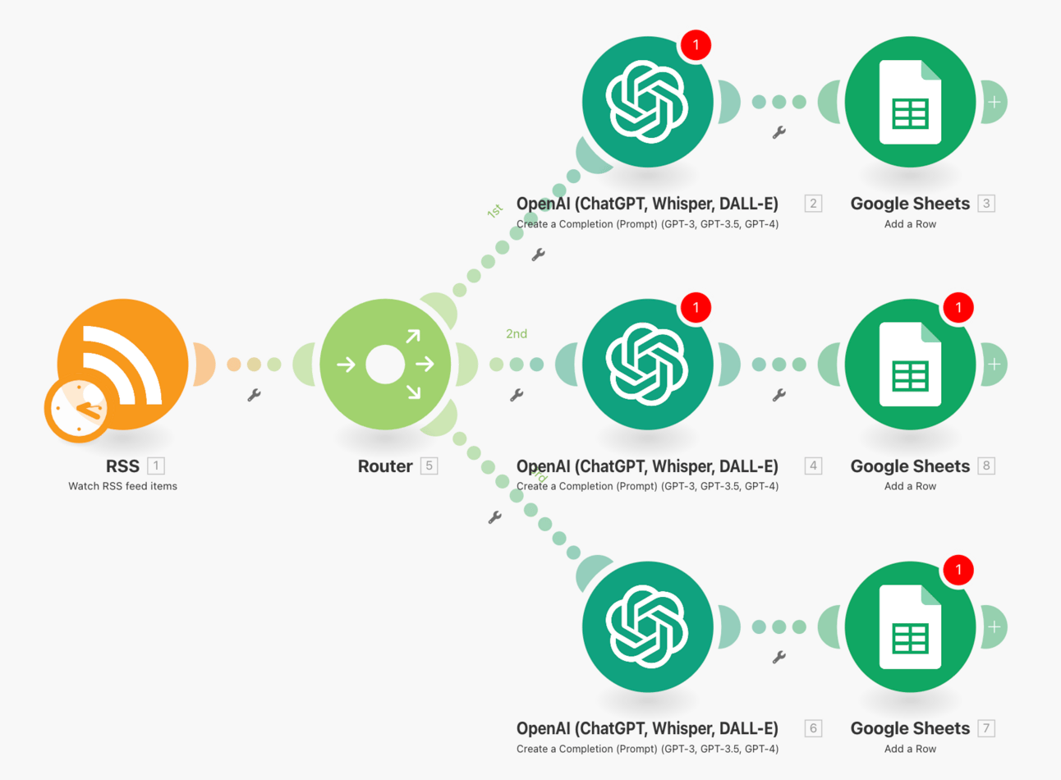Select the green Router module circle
coord(385,365)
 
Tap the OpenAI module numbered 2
coord(646,103)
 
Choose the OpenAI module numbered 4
coord(646,365)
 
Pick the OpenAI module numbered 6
coord(646,627)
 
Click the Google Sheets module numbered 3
coord(910,103)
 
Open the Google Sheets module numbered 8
coord(910,365)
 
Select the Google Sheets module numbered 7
coord(910,627)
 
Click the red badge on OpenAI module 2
coord(696,44)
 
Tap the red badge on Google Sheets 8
coord(958,307)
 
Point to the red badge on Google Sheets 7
coord(958,570)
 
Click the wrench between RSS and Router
coord(255,395)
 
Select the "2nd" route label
coord(517,334)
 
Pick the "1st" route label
coord(494,211)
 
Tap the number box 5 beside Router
coord(429,466)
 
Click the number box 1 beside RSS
coord(155,466)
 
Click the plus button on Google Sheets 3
coord(994,103)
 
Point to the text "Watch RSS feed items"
coord(122,486)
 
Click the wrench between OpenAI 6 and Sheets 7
coord(779,657)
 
